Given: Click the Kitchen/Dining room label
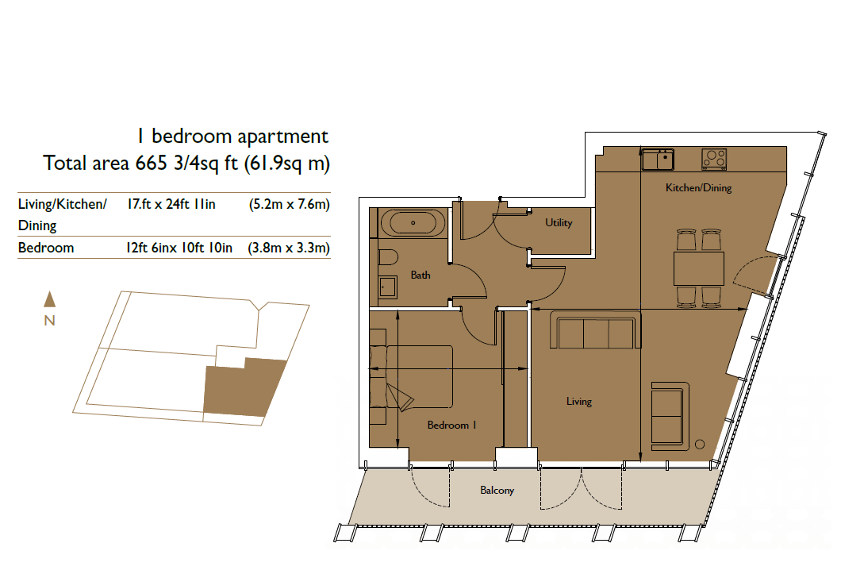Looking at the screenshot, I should click(697, 188).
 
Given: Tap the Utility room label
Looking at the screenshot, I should click(559, 223).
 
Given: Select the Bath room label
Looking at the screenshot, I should click(420, 275).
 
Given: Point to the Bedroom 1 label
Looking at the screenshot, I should click(451, 426).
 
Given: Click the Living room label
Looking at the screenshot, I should click(579, 402).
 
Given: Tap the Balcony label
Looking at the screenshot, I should click(497, 491).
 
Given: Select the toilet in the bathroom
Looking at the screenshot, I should click(389, 260).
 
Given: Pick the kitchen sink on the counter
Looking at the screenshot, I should click(658, 160).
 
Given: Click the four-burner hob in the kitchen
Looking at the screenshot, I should click(714, 159).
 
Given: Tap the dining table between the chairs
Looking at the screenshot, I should click(698, 268).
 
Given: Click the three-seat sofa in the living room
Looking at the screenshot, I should click(595, 333).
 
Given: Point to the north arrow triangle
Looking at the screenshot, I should click(49, 298).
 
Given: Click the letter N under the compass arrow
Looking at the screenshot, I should click(49, 321).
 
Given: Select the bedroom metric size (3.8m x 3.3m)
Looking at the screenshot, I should click(289, 248).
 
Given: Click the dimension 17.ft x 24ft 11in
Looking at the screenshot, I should click(171, 205).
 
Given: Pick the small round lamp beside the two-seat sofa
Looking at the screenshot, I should click(700, 445).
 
